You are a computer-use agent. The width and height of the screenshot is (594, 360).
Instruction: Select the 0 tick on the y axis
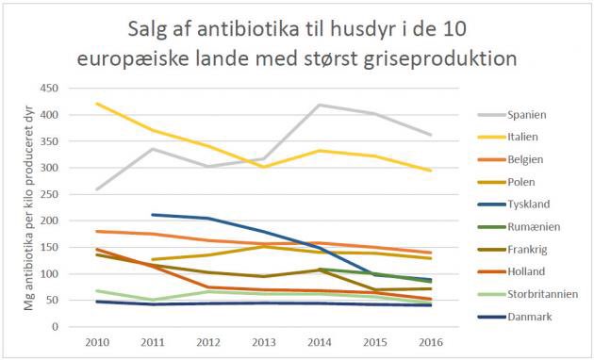79,327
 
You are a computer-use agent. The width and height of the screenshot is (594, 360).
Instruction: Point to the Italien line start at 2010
97,104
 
